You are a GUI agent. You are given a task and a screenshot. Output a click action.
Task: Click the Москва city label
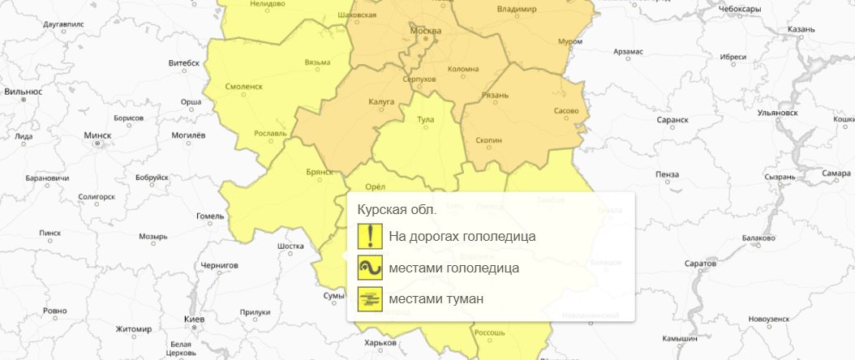[426, 31]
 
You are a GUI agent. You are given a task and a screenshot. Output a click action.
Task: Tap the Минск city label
[97, 135]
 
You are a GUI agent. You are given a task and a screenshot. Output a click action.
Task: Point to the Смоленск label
[244, 85]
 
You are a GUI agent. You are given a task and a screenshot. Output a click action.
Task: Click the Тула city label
[425, 119]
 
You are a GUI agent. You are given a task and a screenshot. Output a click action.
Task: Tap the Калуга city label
[380, 101]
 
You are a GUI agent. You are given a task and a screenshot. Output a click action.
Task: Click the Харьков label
[380, 343]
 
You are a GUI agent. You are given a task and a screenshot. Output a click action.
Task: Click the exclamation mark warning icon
[370, 236]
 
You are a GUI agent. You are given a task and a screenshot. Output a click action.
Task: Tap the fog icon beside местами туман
[370, 299]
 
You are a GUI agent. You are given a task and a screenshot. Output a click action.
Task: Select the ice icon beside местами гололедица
[370, 268]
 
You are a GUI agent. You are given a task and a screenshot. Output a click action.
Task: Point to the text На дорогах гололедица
[462, 237]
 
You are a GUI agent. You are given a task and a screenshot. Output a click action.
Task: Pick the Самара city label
[836, 173]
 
